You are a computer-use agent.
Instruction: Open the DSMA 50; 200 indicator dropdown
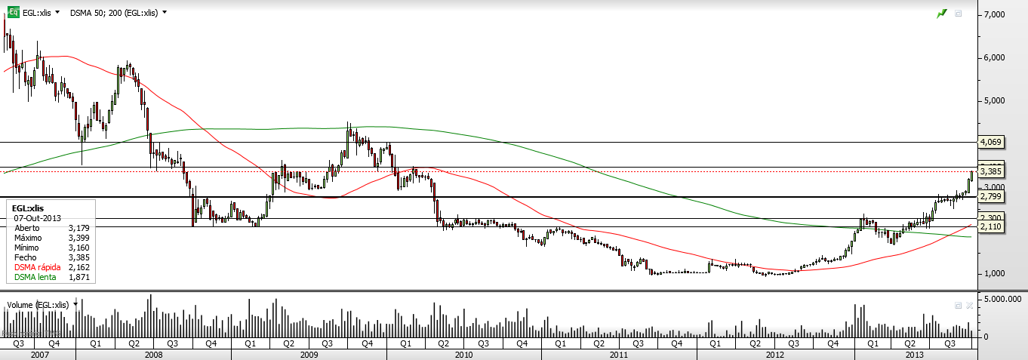click(118, 13)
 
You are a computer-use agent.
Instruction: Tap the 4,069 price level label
click(990, 142)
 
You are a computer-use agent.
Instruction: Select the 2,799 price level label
click(990, 197)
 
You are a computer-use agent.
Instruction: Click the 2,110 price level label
click(990, 226)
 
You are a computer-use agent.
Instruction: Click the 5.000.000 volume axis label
click(1002, 300)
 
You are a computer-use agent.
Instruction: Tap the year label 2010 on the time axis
click(463, 354)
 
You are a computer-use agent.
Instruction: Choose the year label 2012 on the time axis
click(774, 354)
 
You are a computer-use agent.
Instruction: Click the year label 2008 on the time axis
click(153, 354)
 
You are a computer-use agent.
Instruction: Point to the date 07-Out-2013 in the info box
click(35, 217)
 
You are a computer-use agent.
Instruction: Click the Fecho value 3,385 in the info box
click(78, 257)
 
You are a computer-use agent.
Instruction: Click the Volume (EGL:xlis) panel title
click(38, 305)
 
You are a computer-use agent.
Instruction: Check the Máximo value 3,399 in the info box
click(78, 237)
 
